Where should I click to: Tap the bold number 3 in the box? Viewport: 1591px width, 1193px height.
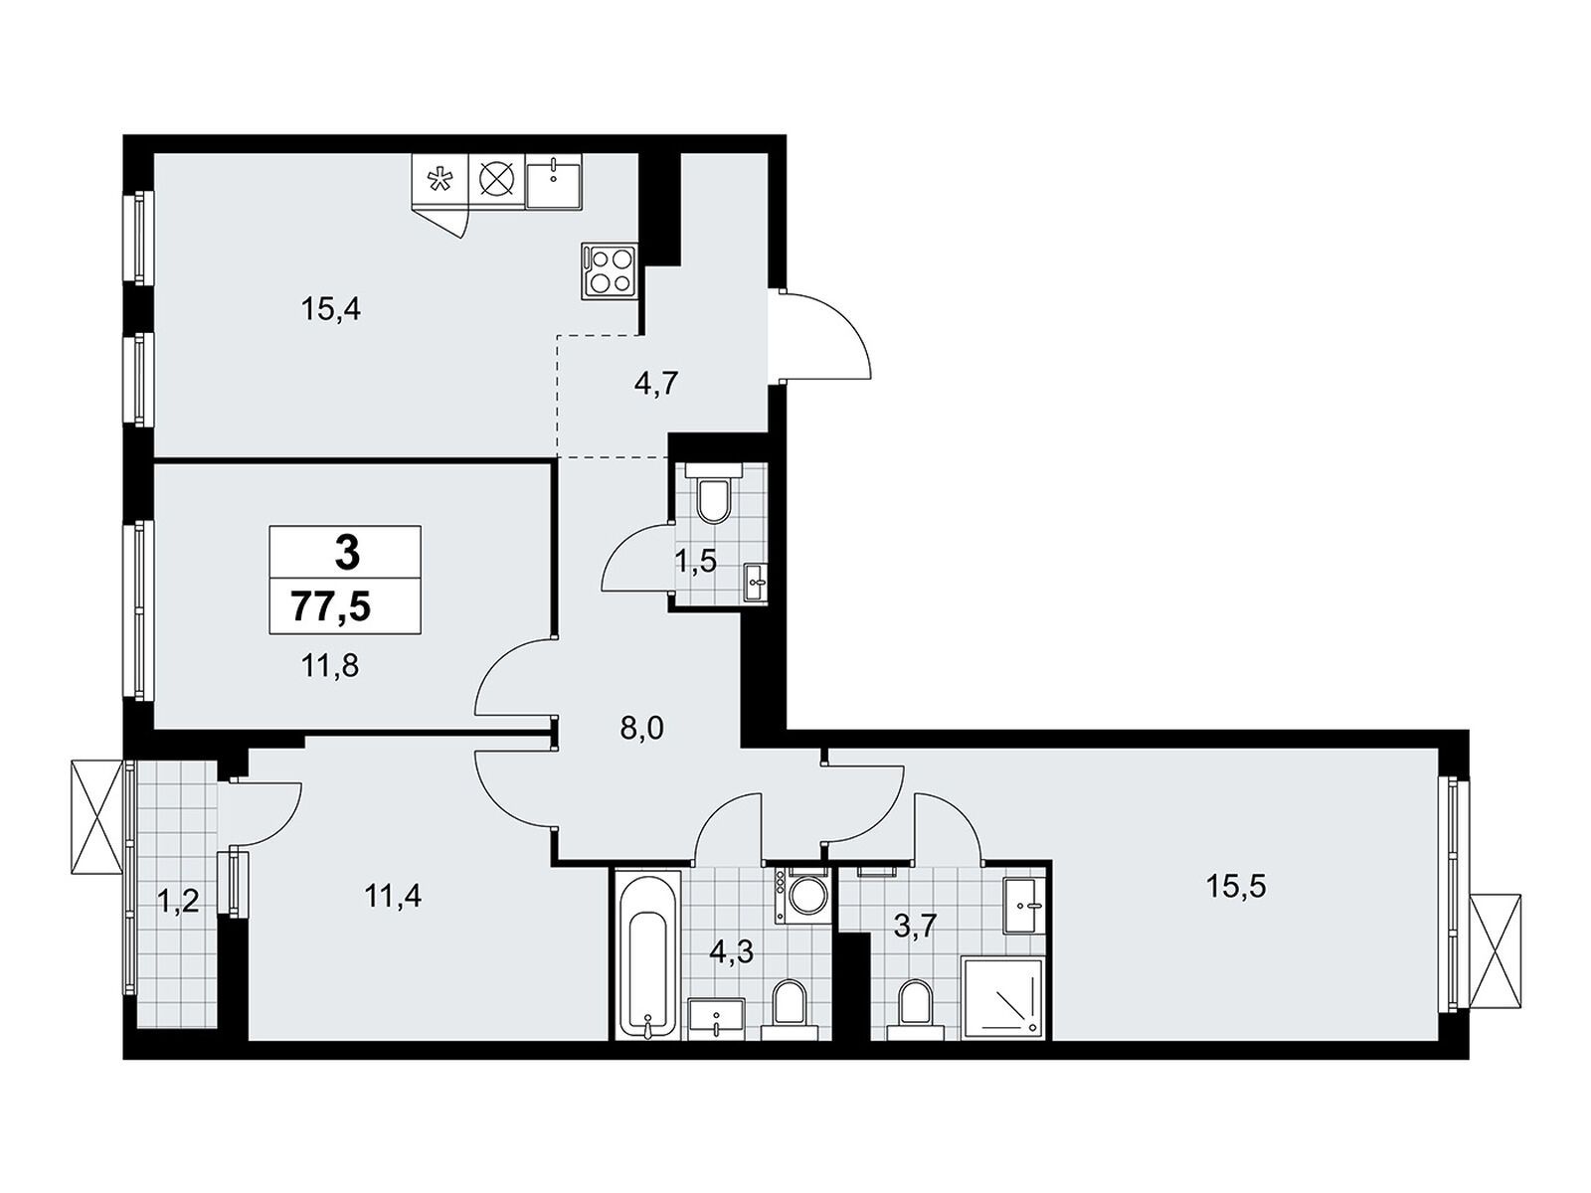[347, 554]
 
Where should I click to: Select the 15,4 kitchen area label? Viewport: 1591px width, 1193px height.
[330, 309]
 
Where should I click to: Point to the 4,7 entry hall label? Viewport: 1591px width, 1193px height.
[655, 383]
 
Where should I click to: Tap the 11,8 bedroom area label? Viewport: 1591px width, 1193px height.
[330, 664]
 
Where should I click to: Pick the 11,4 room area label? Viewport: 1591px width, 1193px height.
[393, 898]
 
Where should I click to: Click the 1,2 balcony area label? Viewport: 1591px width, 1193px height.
[178, 903]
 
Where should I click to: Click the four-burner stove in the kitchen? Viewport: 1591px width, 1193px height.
[609, 269]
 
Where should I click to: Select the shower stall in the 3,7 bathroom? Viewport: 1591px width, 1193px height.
[1002, 998]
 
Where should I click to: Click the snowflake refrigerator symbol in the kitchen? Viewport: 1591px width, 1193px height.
[439, 180]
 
